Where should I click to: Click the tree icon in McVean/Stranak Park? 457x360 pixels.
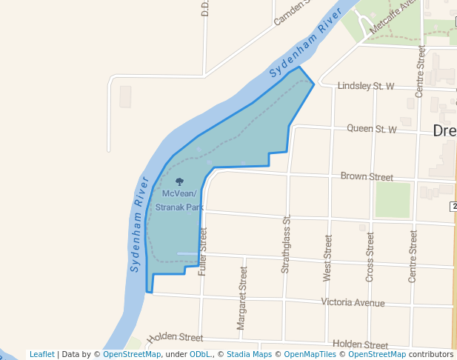point(179,181)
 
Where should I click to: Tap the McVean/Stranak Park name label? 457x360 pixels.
point(179,201)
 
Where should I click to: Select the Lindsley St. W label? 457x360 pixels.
point(366,87)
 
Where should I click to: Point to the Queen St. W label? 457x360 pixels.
point(372,129)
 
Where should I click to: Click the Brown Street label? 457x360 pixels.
point(367,177)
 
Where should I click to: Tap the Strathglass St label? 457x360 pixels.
point(285,244)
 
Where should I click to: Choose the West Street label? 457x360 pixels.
point(327,258)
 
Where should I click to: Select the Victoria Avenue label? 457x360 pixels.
point(353,303)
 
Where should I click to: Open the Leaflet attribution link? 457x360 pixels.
point(42,355)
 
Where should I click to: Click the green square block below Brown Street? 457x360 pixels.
point(393,199)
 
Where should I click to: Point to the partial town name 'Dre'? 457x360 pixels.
point(444,131)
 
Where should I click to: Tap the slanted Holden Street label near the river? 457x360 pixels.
point(175,338)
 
